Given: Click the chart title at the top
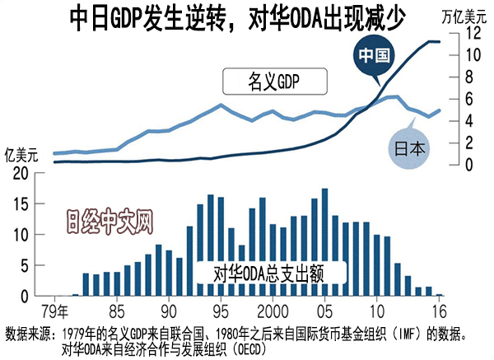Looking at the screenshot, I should (x=239, y=19).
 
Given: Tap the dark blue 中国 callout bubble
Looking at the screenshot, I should (x=375, y=56).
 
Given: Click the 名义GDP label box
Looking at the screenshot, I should (x=275, y=82).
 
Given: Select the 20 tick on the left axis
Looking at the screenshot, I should (x=21, y=173).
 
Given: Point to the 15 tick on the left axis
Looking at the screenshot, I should (x=21, y=203).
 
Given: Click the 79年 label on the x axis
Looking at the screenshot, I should (x=55, y=311).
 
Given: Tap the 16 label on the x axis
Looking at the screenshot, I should (x=439, y=311).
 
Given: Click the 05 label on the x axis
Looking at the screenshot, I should (x=326, y=311).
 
